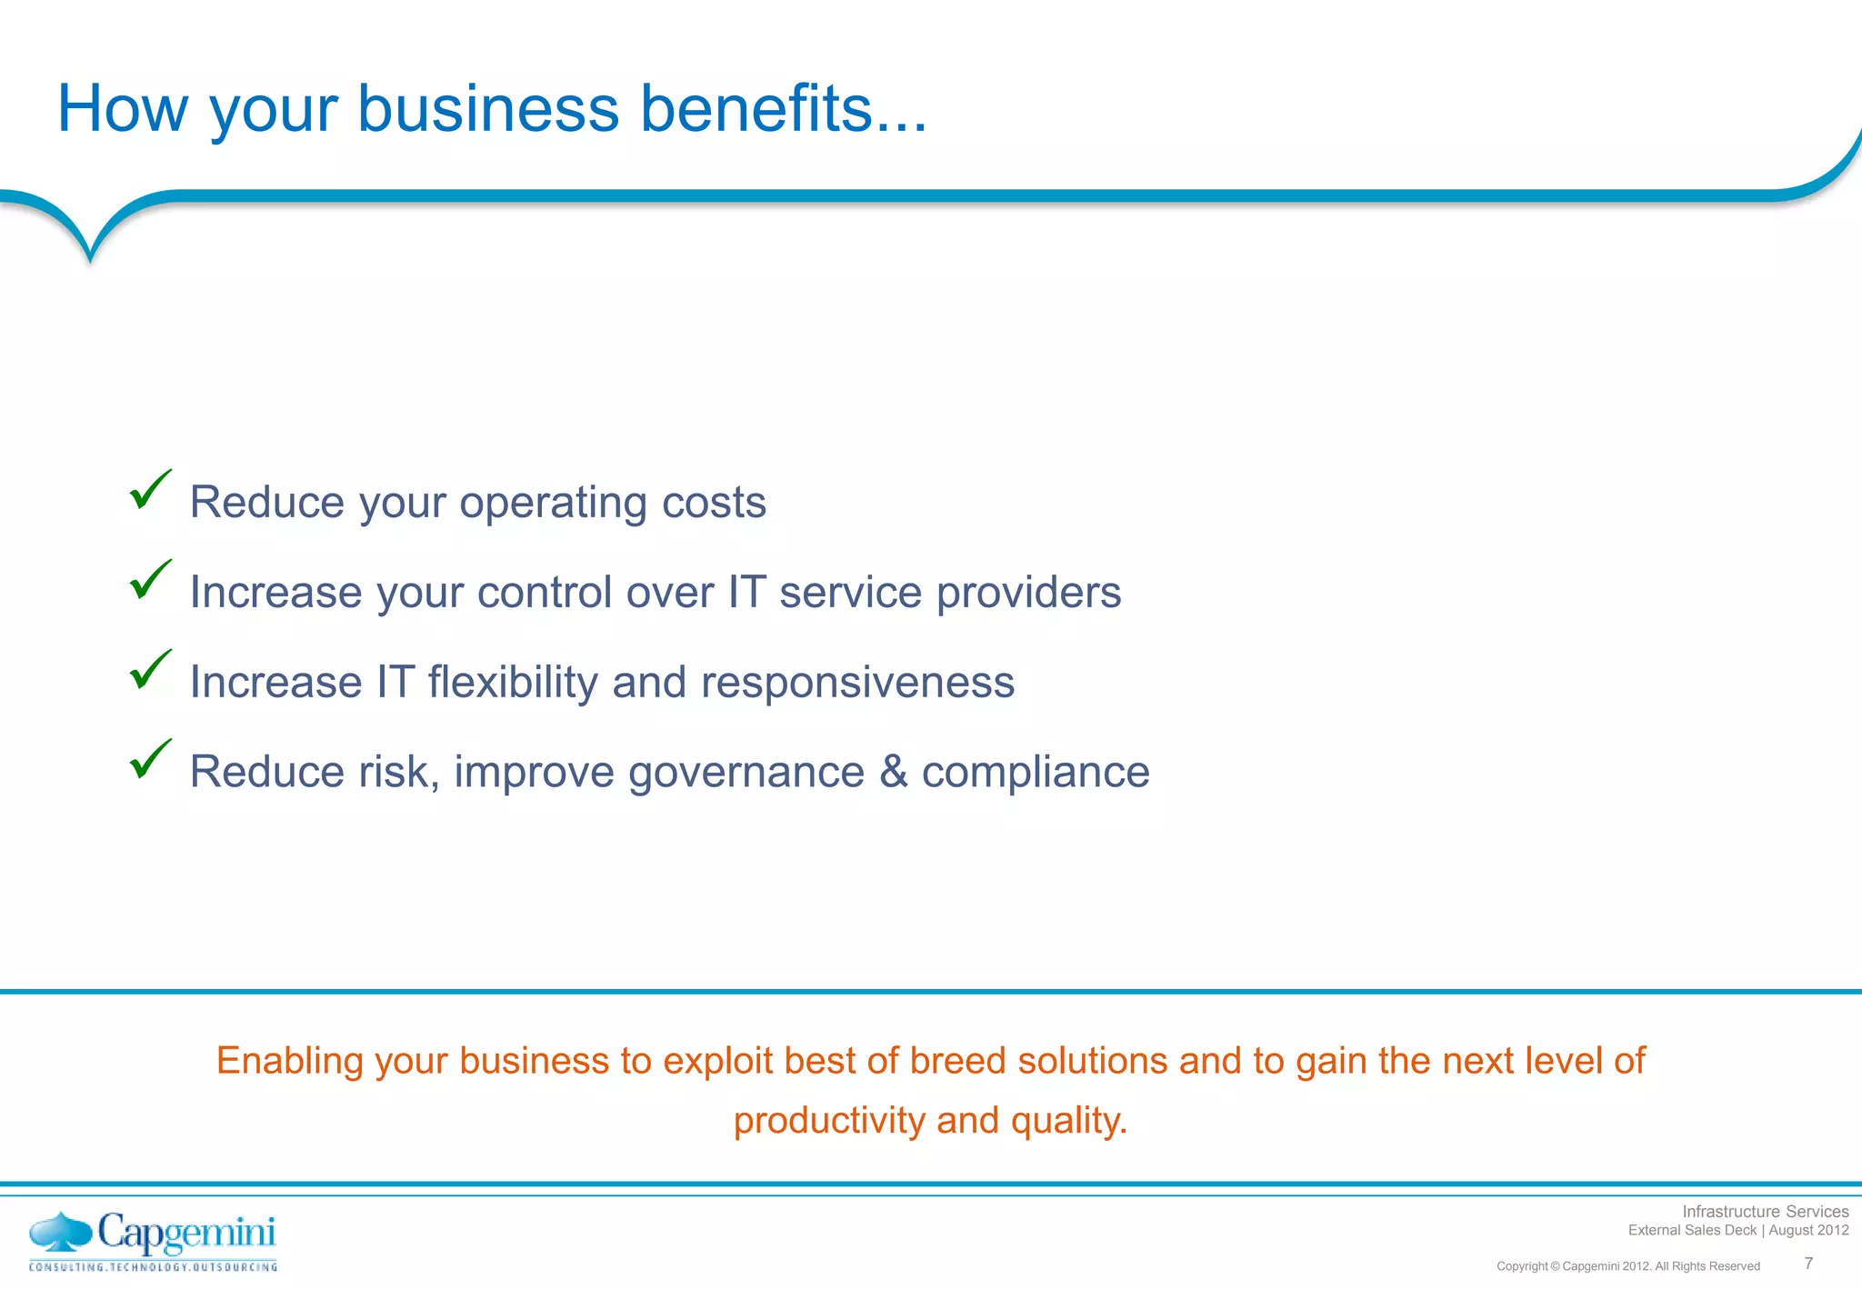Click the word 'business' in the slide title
(488, 109)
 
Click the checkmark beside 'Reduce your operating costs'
(150, 491)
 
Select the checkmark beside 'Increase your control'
(150, 581)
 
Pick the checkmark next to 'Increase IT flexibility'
(150, 671)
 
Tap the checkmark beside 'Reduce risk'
(150, 761)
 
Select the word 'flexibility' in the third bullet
(512, 683)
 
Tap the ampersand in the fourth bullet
(894, 772)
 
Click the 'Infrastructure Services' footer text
(1765, 1212)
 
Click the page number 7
(1808, 1264)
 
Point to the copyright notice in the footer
(1627, 1266)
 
